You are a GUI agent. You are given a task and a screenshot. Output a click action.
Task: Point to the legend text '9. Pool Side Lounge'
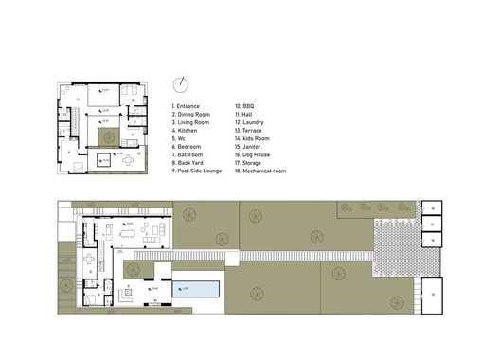(x=197, y=163)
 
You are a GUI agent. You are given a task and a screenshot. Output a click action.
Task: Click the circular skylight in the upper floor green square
(x=105, y=141)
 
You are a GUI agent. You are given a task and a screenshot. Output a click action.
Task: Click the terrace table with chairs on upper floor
(x=128, y=160)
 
